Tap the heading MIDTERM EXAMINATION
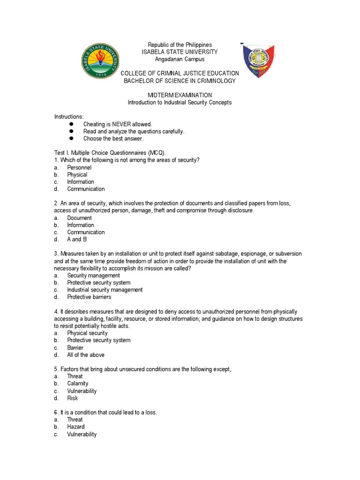coord(180,95)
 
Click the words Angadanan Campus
coord(180,59)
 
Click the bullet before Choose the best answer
coord(72,139)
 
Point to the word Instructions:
coord(69,116)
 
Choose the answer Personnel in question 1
coord(79,167)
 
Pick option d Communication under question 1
coord(86,189)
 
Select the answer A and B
coord(77,239)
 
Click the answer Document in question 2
coord(79,218)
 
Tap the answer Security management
coord(93,276)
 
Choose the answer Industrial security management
coord(105,290)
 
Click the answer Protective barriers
coord(89,297)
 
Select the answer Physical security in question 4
coord(87,333)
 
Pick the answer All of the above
coord(86,355)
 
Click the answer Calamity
coord(77,383)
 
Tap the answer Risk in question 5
coord(72,398)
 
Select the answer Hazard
coord(75,427)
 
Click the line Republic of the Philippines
coord(180,45)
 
